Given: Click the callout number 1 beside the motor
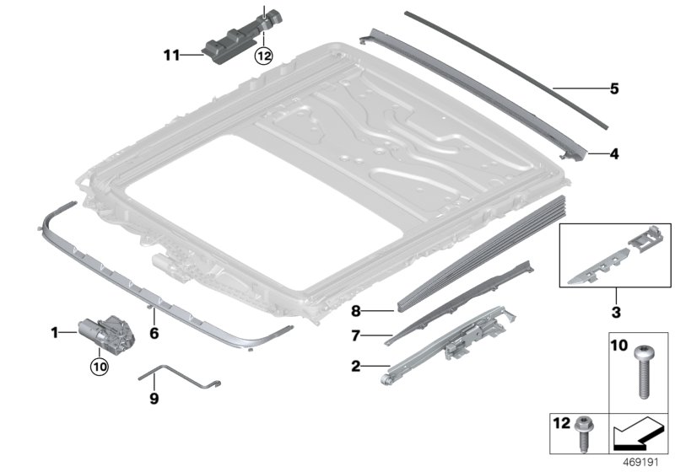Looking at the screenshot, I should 55,334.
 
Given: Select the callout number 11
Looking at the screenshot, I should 172,56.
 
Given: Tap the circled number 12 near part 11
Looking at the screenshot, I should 264,56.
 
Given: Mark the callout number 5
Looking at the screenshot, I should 614,88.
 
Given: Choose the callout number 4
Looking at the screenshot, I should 615,154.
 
